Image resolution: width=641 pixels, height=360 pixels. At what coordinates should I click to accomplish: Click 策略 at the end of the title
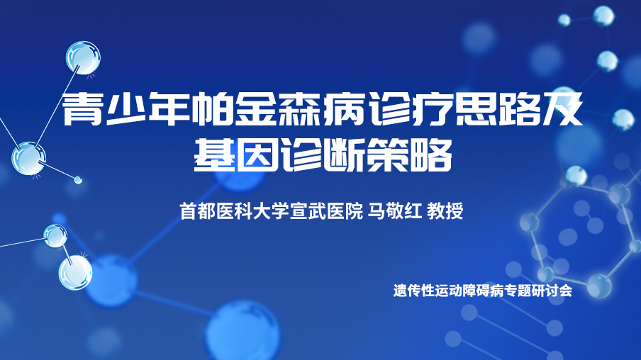pos(409,155)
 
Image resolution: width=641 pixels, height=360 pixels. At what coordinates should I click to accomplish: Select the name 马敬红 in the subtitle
pos(394,211)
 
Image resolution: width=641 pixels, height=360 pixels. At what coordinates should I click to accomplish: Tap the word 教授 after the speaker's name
pos(445,211)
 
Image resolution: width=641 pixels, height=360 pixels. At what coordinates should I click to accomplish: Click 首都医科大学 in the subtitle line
pos(234,211)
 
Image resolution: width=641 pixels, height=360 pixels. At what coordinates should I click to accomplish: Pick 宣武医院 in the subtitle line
pos(326,211)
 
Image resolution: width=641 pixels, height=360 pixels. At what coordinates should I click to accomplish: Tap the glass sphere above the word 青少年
pos(83,57)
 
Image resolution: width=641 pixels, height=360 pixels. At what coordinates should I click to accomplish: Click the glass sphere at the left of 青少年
pos(28,158)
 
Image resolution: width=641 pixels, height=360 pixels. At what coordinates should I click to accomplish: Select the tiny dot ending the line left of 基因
pos(78,179)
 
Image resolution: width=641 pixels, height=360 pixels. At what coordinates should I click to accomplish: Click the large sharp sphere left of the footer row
pos(75,273)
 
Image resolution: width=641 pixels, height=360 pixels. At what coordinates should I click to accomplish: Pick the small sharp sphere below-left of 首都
pos(55,236)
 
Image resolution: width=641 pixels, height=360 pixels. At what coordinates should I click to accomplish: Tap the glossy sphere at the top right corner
pos(603,16)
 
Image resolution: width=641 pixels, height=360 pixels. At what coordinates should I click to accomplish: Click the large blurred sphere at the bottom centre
pos(243,331)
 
